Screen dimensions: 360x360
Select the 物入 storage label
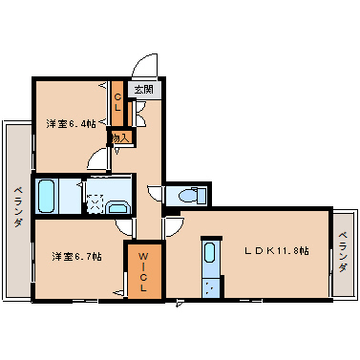pos(119,138)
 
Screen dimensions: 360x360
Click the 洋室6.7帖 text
pos(75,256)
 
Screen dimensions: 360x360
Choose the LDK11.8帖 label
pos(277,250)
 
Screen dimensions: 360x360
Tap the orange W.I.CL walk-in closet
pos(144,271)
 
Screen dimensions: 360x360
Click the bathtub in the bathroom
pos(47,195)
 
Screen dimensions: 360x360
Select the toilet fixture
pos(190,197)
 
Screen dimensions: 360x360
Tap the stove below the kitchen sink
pos(210,286)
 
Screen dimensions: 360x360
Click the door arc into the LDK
pos(173,227)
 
